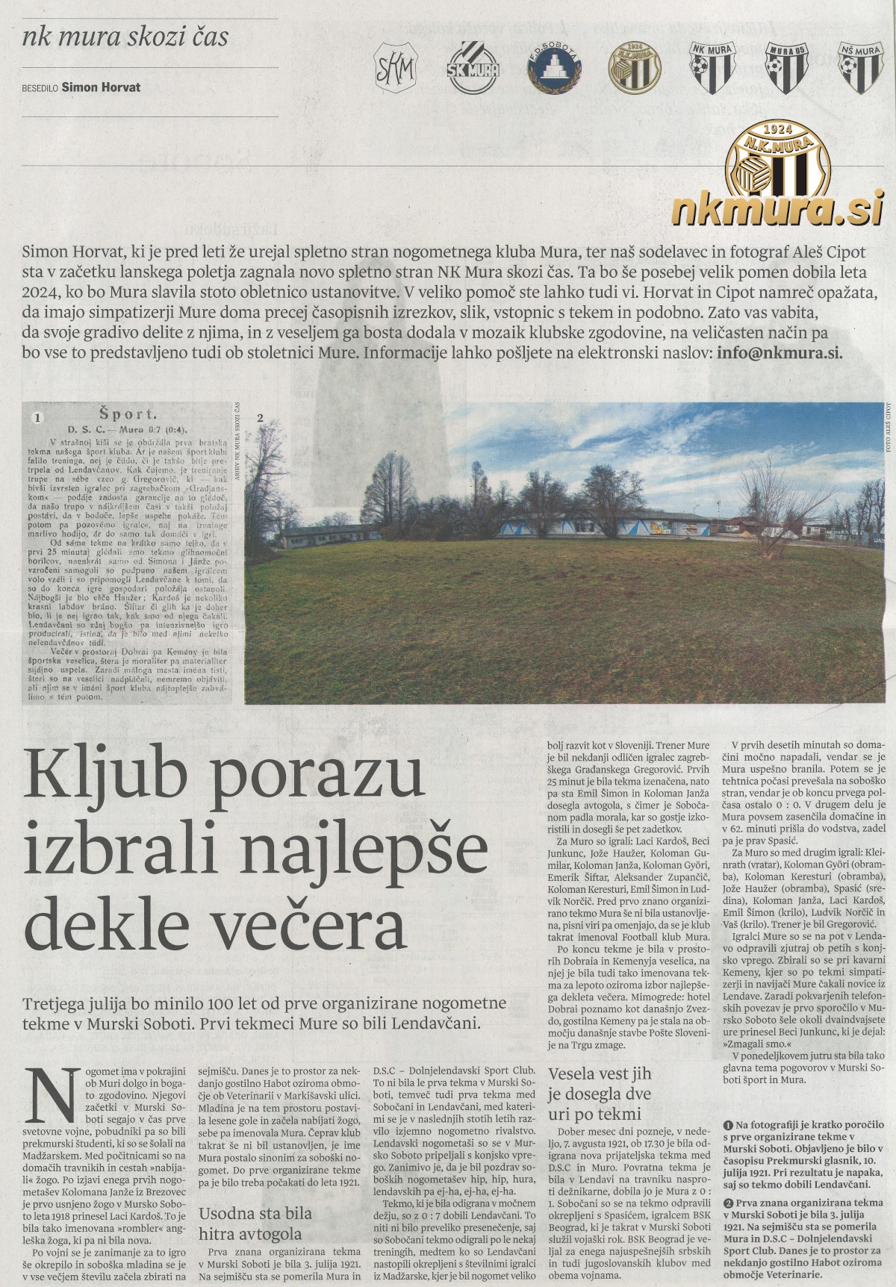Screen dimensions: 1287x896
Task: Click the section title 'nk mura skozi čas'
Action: coord(125,36)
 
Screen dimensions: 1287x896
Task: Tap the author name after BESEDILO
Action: coord(101,87)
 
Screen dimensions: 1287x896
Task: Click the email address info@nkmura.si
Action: coord(779,353)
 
